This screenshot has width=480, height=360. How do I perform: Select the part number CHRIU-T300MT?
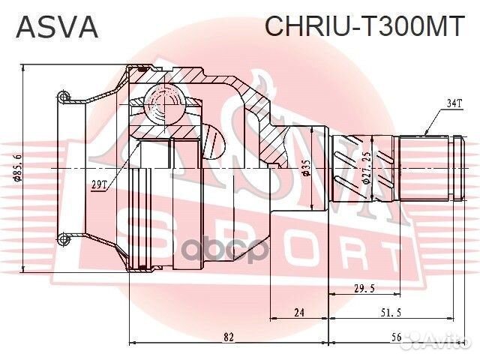coord(364,27)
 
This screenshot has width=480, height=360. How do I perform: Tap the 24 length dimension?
coord(298,313)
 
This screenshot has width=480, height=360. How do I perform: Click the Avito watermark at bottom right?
coord(442,341)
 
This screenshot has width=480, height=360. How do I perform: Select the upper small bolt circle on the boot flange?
coord(65,96)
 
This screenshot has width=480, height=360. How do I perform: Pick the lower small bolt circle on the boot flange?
coord(65,239)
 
